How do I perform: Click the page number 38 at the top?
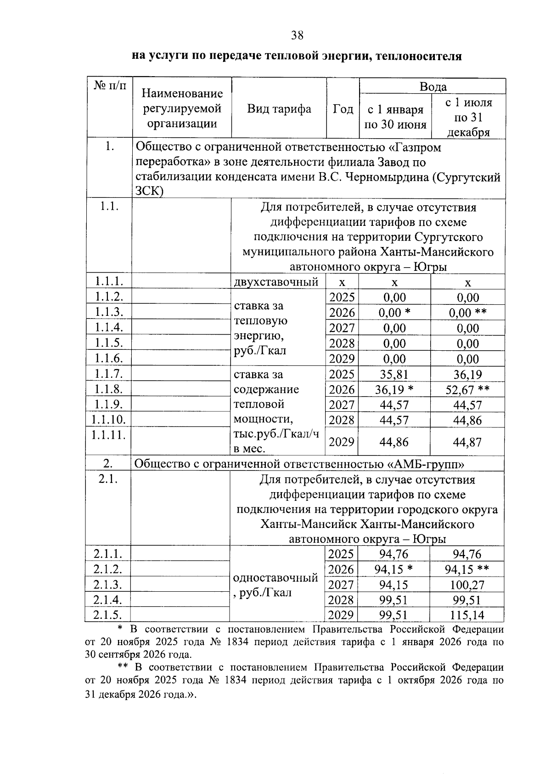(x=297, y=35)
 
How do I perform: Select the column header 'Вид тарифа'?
(x=279, y=109)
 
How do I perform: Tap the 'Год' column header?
(x=343, y=109)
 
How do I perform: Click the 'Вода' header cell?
(x=433, y=86)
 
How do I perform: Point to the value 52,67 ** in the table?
(x=467, y=390)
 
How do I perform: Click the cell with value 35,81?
(x=394, y=375)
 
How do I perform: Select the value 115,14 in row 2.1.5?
(x=468, y=615)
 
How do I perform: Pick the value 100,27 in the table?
(x=468, y=585)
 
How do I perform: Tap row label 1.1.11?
(x=108, y=434)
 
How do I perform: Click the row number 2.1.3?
(x=107, y=584)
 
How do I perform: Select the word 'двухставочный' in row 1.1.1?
(x=276, y=282)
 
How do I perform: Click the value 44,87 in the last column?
(x=467, y=442)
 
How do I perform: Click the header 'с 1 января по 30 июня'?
(x=395, y=117)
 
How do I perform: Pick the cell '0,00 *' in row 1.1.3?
(x=394, y=313)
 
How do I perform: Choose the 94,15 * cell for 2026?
(x=394, y=570)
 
